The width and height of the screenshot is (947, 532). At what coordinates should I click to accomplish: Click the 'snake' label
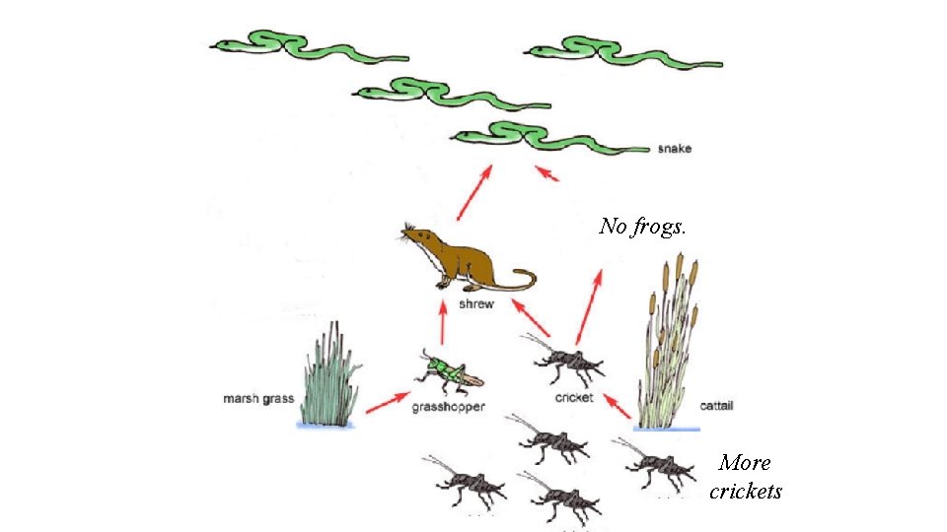point(675,150)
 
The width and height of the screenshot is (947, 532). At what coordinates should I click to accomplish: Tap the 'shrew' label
point(476,305)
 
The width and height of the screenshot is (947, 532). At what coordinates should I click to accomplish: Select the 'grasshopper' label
point(448,408)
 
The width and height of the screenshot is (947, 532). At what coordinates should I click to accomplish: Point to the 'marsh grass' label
point(258,399)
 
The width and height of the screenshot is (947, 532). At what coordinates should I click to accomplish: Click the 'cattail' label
point(716,406)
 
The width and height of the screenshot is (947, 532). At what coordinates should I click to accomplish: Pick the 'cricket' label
point(574,398)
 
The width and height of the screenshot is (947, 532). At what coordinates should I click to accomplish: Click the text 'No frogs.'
point(642,227)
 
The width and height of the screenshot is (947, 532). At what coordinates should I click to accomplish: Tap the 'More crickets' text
point(746,477)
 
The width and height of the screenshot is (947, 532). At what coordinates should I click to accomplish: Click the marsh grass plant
point(328,379)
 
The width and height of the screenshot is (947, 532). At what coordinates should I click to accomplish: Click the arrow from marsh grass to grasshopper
point(387,402)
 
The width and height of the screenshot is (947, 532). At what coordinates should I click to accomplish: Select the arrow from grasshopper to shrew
point(442,323)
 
